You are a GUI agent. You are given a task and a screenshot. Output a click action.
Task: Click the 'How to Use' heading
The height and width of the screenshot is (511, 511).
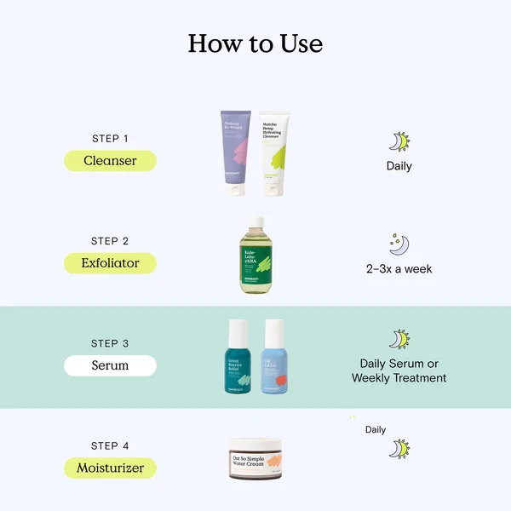click(x=255, y=43)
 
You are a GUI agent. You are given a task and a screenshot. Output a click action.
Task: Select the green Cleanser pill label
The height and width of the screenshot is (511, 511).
click(x=110, y=160)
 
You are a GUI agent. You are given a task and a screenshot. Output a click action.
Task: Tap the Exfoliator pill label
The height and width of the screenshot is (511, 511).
click(x=110, y=263)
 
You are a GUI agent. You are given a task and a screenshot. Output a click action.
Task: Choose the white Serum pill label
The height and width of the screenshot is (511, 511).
click(x=110, y=365)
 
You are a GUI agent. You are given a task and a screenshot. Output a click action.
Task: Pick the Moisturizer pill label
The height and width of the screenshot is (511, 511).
click(x=110, y=468)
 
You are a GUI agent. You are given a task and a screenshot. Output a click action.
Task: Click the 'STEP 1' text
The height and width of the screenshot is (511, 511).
click(x=110, y=138)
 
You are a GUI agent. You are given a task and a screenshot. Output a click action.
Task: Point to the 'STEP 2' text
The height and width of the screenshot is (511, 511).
click(x=110, y=241)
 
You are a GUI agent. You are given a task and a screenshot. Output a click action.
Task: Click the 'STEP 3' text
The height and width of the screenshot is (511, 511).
click(x=110, y=343)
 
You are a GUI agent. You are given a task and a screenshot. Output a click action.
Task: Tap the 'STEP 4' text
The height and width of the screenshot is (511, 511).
click(x=110, y=445)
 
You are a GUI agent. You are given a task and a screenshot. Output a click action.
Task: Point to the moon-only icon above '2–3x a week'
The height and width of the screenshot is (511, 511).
click(x=398, y=245)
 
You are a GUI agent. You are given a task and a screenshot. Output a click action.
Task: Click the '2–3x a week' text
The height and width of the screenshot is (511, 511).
click(x=399, y=269)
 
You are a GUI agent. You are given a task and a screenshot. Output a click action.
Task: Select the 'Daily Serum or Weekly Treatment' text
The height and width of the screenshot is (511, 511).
click(x=399, y=370)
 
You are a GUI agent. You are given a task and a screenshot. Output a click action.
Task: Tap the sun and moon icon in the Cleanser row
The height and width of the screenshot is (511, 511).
click(x=399, y=141)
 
